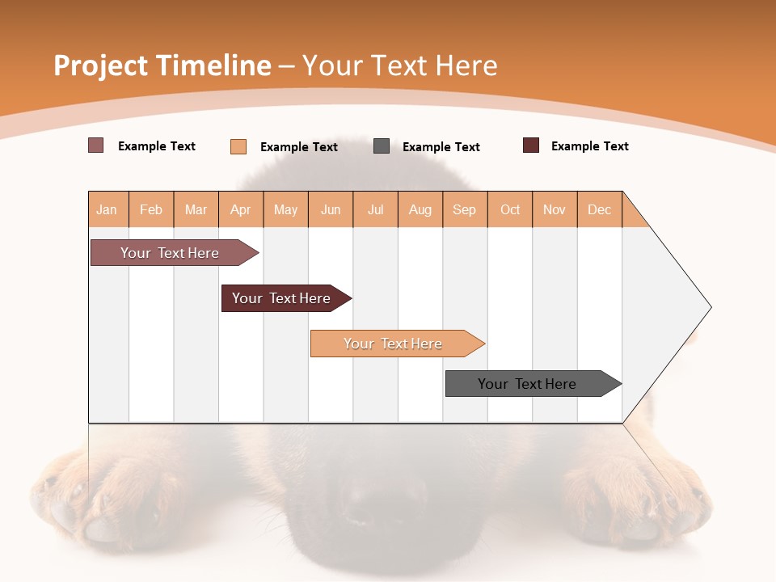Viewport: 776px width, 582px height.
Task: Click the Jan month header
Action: point(108,209)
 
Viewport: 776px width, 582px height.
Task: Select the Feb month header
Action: point(151,209)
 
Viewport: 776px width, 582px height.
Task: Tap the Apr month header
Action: point(241,209)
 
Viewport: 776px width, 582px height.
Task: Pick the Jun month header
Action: point(331,209)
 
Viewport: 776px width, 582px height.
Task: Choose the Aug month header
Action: point(420,209)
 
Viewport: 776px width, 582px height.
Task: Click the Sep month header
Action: point(465,209)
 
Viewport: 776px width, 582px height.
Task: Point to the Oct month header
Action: point(510,209)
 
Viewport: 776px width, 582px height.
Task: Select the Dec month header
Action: point(600,209)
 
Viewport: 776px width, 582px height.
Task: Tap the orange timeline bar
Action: point(394,344)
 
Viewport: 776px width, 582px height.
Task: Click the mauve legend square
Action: point(96,145)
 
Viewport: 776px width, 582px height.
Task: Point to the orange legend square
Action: point(238,146)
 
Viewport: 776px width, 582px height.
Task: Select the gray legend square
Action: point(382,146)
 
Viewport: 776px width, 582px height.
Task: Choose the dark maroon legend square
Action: point(531,145)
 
